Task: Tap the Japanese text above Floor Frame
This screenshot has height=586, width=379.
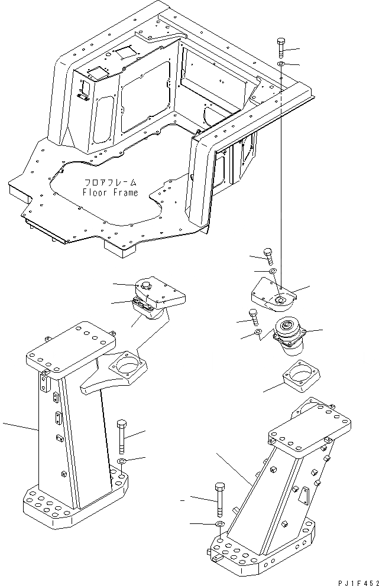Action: pos(110,183)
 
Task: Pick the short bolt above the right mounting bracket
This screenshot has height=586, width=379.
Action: pos(268,255)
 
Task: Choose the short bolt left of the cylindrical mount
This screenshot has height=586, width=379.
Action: pos(254,317)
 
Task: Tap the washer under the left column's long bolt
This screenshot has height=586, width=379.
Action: pos(122,461)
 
